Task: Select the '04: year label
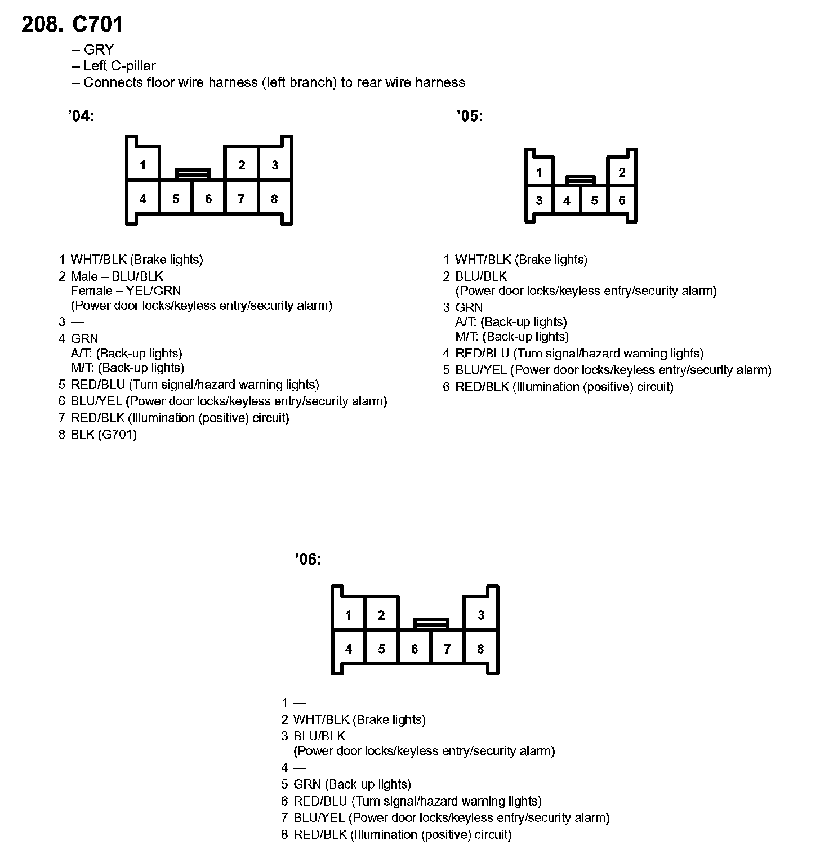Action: [x=80, y=117]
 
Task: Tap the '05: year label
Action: [x=470, y=117]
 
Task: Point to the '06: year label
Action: [x=308, y=560]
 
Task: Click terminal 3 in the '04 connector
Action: [x=275, y=165]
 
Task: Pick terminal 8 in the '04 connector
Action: [x=274, y=199]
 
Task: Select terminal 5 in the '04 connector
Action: [x=176, y=199]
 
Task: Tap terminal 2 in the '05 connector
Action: [x=622, y=172]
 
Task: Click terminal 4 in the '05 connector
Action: [x=567, y=200]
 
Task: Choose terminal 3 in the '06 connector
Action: [x=480, y=615]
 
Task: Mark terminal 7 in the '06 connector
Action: [x=447, y=649]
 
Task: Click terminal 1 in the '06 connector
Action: [x=349, y=615]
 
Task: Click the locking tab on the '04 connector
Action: [x=193, y=173]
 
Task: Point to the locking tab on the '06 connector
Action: [x=431, y=623]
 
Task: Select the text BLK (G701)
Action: [x=104, y=435]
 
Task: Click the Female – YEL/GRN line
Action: [x=126, y=291]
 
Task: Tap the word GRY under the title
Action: [x=99, y=50]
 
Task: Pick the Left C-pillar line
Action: [x=119, y=66]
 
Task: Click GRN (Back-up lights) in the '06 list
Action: [x=352, y=785]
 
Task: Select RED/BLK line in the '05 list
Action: [x=564, y=387]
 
